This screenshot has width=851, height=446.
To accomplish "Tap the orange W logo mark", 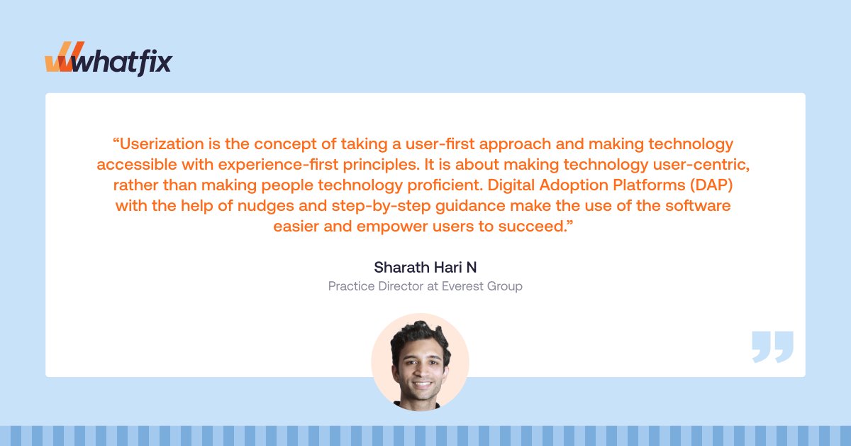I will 60,62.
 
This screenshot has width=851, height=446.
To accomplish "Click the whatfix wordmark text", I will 123,62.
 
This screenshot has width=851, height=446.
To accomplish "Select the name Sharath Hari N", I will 425,268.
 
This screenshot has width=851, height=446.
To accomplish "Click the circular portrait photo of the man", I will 420,361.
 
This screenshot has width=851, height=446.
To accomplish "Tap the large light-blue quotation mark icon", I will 772,347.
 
